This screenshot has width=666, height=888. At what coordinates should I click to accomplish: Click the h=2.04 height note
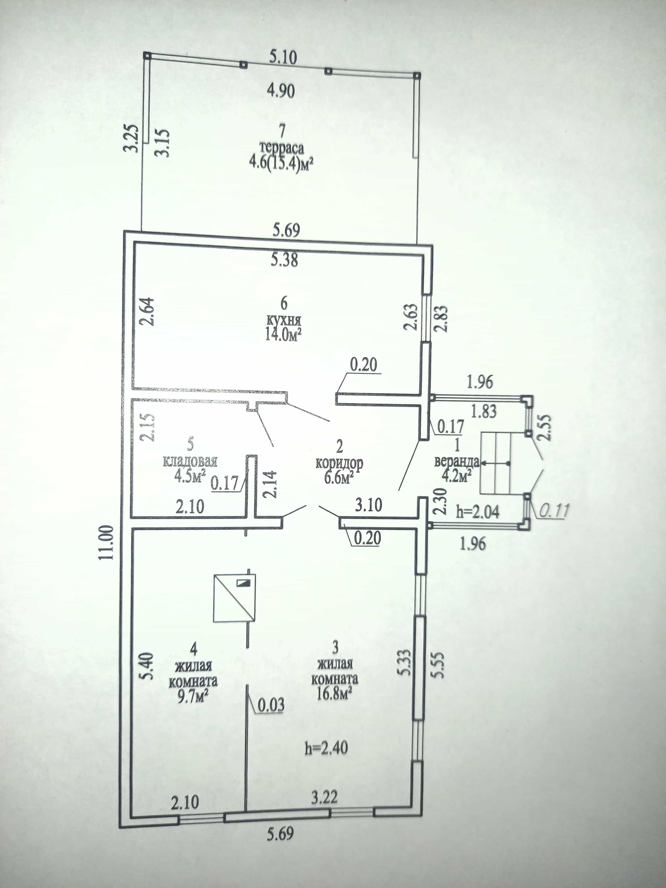point(478,512)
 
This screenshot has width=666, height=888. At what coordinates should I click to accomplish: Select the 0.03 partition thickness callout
point(271,705)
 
